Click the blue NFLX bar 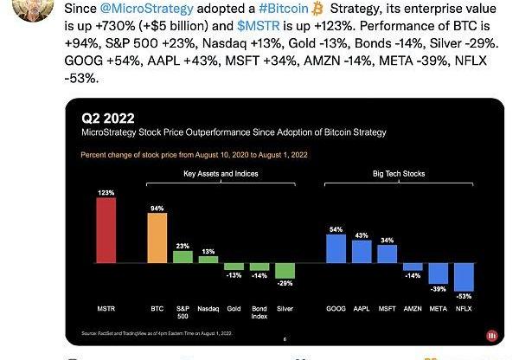coord(465,276)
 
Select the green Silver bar coord(285,270)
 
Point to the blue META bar coord(439,273)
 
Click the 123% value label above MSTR coord(106,193)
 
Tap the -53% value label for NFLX coord(466,296)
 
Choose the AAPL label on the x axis coord(362,307)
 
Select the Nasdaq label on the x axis coord(208,307)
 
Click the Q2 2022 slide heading coord(108,118)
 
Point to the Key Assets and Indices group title coord(221,173)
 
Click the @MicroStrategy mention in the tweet coord(142,9)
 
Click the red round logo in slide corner coord(491,334)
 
